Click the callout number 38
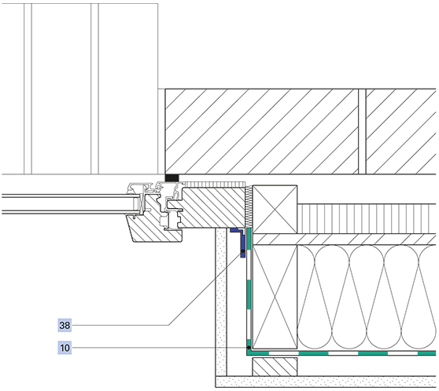pyautogui.click(x=65, y=325)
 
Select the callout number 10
pyautogui.click(x=65, y=348)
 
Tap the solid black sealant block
pyautogui.click(x=172, y=177)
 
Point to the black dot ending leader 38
pyautogui.click(x=243, y=251)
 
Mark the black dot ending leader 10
pyautogui.click(x=249, y=347)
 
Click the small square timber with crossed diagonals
pyautogui.click(x=275, y=209)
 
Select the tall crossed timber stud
pyautogui.click(x=275, y=297)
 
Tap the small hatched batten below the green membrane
pyautogui.click(x=275, y=367)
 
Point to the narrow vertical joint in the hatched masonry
pyautogui.click(x=362, y=132)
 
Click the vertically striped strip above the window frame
pyautogui.click(x=215, y=185)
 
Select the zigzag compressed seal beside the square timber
pyautogui.click(x=249, y=206)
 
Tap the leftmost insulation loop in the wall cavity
pyautogui.click(x=315, y=297)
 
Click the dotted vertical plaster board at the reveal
pyautogui.click(x=221, y=301)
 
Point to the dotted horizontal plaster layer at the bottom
pyautogui.click(x=326, y=382)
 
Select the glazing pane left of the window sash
pyautogui.click(x=71, y=204)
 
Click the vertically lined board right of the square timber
pyautogui.click(x=367, y=218)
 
